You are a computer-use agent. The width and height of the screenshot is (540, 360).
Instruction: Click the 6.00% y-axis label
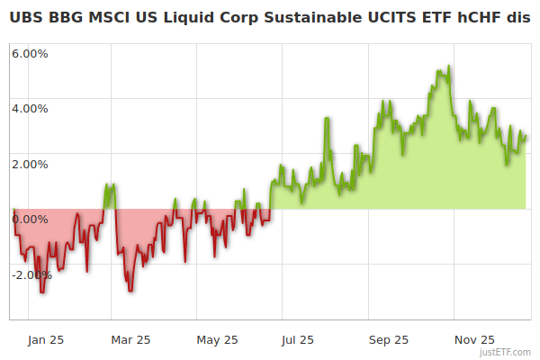click(30, 53)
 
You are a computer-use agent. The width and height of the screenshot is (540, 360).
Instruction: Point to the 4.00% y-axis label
click(30, 108)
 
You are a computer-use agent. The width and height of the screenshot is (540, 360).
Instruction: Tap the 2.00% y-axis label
click(30, 164)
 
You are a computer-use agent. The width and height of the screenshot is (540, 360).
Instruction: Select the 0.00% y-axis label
click(30, 219)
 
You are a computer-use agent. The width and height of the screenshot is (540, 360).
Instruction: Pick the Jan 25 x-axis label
click(45, 339)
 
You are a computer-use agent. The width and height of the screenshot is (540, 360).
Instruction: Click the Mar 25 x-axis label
click(130, 339)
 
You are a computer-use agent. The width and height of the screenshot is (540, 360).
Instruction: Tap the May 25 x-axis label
click(217, 339)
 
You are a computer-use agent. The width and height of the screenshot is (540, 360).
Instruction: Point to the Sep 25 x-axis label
click(388, 339)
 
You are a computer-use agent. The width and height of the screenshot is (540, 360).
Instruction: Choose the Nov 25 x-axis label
click(473, 339)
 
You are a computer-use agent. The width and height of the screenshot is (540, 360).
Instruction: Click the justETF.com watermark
click(506, 353)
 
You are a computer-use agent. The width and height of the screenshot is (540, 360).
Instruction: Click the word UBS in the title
click(26, 18)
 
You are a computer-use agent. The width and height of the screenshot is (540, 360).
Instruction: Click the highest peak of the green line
click(447, 67)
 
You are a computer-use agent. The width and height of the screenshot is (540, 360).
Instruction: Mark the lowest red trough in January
click(41, 292)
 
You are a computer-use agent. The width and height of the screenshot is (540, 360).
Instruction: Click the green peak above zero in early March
click(110, 184)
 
